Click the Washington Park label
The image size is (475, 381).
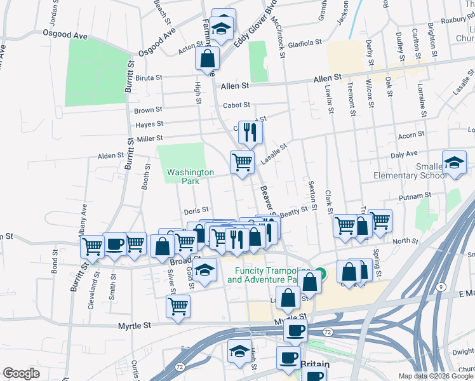tap(191, 177)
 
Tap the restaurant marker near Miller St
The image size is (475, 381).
tap(250, 133)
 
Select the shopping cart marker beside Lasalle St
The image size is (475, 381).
tap(242, 163)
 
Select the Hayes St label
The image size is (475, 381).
tap(149, 124)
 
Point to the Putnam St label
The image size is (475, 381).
tap(415, 196)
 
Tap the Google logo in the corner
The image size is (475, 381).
tap(21, 373)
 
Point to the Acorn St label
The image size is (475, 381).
tap(410, 135)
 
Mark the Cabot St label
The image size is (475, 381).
tap(236, 105)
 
